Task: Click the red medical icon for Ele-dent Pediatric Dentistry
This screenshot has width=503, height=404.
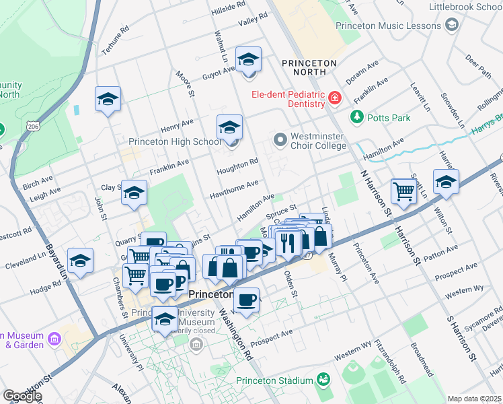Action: coord(335,100)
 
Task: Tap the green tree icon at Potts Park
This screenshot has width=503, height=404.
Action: coord(356,118)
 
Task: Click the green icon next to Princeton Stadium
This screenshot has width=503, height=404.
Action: coord(324,380)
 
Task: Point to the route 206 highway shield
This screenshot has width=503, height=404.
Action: coord(32,125)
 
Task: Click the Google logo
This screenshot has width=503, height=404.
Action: coord(22,396)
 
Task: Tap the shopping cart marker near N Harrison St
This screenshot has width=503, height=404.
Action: coord(403,191)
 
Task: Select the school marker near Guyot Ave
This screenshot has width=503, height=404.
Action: coord(249,61)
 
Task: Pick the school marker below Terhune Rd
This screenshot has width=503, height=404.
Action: coord(108,100)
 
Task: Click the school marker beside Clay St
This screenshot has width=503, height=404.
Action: coord(134,193)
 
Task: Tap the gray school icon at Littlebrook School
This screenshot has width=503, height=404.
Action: coord(452,25)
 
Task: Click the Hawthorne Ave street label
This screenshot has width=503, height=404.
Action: coord(233,187)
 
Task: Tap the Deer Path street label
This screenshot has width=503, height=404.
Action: coord(478,67)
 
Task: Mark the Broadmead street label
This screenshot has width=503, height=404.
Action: coord(423,365)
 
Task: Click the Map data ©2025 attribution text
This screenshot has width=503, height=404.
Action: coord(475,399)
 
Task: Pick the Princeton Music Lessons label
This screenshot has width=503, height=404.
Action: coord(388,25)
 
